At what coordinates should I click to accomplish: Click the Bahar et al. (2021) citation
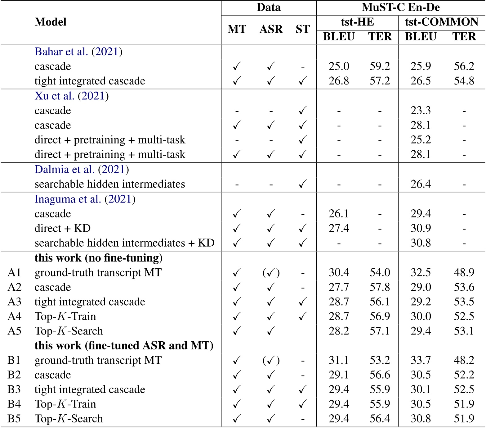[78, 52]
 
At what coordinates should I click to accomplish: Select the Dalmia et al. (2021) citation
[82, 169]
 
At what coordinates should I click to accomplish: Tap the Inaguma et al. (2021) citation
[85, 199]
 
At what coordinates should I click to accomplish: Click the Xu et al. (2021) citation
[71, 96]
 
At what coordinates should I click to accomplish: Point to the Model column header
[51, 22]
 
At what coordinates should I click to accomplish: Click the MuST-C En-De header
[400, 7]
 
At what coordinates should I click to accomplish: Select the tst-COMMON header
[441, 22]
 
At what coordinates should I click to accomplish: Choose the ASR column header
[271, 29]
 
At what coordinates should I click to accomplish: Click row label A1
[14, 272]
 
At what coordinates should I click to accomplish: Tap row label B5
[14, 419]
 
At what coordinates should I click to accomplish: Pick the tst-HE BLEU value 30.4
[339, 272]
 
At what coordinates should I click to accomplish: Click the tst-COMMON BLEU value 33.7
[421, 360]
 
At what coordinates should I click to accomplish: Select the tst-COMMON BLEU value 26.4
[421, 184]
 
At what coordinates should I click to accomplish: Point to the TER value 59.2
[380, 66]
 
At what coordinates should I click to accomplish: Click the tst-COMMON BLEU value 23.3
[421, 111]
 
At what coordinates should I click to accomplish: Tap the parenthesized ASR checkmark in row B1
[271, 360]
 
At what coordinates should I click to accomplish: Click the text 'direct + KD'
[62, 228]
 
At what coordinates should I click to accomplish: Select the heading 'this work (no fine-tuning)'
[99, 258]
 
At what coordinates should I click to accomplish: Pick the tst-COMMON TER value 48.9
[464, 272]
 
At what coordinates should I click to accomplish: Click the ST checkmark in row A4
[302, 316]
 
